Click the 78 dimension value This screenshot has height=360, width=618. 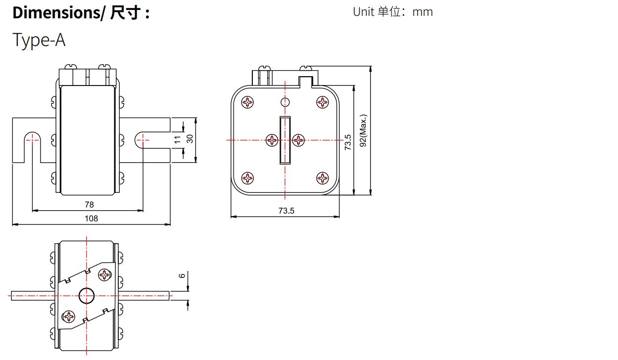89,204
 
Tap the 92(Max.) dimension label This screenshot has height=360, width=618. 363,131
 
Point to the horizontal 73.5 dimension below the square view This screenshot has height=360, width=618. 286,211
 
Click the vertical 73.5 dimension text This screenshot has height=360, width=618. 348,142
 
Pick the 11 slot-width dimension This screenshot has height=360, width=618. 177,140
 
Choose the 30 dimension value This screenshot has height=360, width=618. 190,140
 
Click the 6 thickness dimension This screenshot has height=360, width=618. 182,275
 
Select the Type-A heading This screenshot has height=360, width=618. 39,40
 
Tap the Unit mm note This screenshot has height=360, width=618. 392,12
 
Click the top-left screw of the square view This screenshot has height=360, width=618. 247,102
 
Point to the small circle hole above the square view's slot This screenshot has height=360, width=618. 285,102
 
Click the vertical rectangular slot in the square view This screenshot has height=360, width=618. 285,140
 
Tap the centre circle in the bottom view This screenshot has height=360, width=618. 87,296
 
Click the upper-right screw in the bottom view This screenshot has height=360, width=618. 105,274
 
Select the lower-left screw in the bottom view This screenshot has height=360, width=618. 67,316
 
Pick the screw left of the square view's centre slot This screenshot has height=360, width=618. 272,140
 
